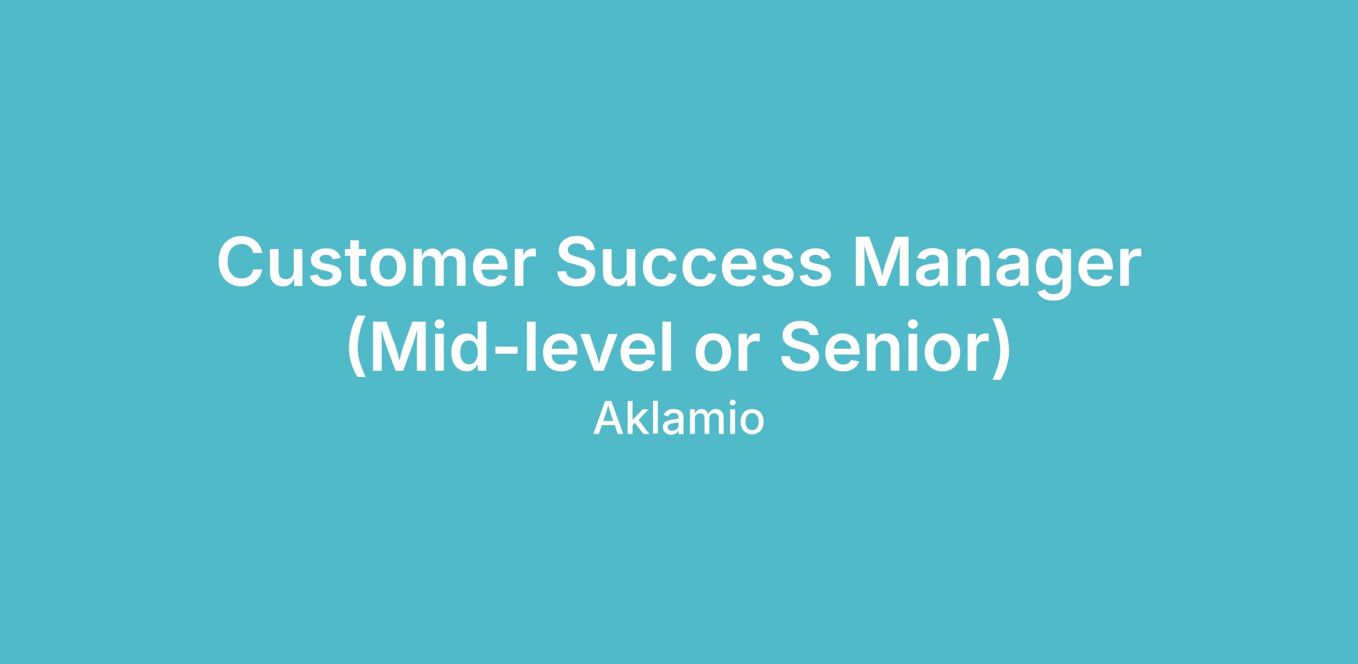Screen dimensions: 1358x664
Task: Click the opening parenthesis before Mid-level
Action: (356, 348)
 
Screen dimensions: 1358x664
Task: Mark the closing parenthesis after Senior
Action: (1000, 348)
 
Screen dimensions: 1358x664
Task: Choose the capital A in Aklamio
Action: (609, 418)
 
